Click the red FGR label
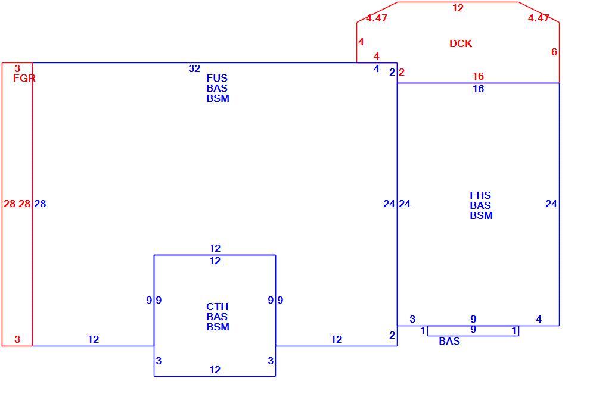point(24,78)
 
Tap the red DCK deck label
point(461,43)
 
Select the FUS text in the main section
point(217,78)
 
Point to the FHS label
point(480,195)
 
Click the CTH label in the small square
point(217,306)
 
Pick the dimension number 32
point(194,69)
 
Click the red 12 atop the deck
point(458,8)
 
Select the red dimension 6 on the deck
point(554,52)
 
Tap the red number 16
point(478,76)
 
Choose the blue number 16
point(478,89)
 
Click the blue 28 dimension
point(40,204)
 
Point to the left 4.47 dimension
point(377,18)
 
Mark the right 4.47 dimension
point(539,18)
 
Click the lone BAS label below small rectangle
point(449,341)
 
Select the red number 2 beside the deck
point(402,72)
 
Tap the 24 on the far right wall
point(551,204)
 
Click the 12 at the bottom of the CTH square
point(215,370)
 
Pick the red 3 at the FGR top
point(17,68)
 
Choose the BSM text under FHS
point(482,215)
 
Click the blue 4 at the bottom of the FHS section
point(539,320)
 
